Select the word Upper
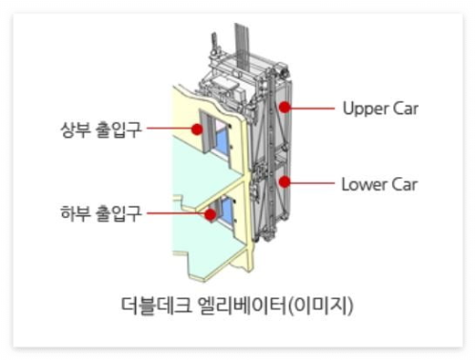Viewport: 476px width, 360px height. (x=363, y=108)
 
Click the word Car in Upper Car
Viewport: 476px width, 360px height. (x=404, y=108)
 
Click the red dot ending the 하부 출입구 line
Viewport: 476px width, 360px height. (x=208, y=213)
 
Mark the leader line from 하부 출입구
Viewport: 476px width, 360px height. (x=176, y=213)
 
